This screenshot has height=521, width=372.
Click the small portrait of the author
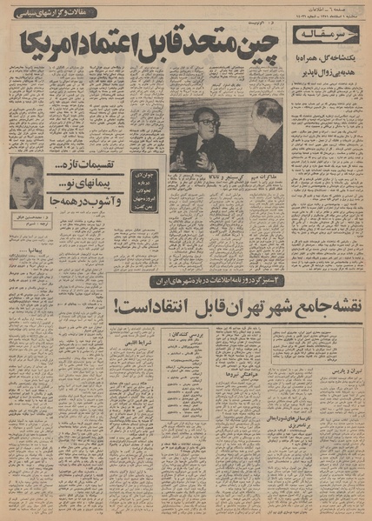point(27,183)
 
